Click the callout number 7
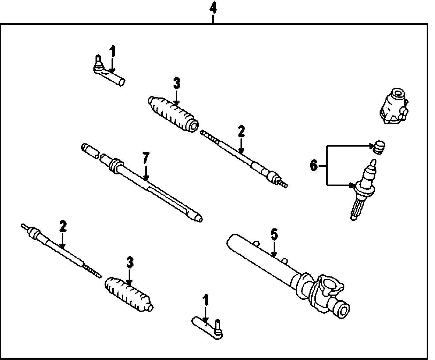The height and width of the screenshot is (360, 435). coord(146,159)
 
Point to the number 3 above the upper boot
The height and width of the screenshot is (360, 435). coord(177,84)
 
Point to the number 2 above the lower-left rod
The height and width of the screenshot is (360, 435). coord(63,227)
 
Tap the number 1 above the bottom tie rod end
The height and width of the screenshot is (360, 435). coord(205,300)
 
